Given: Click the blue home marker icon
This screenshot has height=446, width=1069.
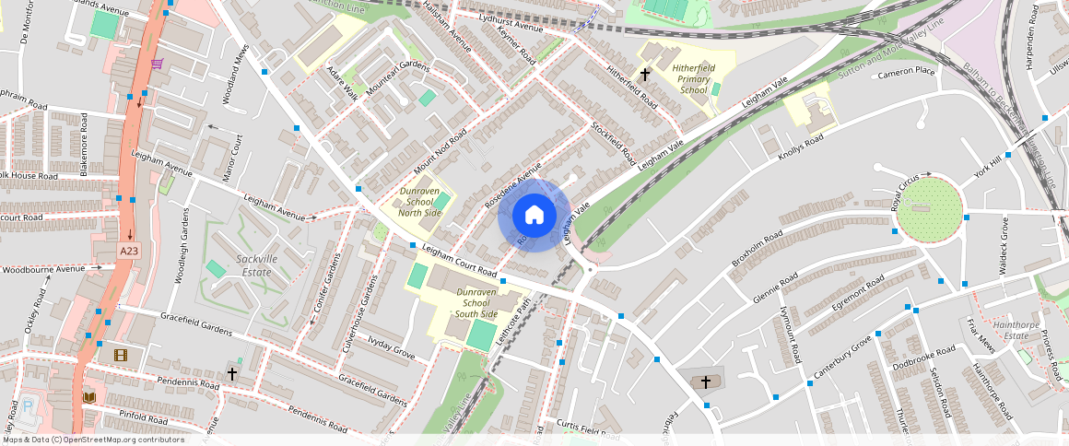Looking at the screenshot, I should pos(534,216).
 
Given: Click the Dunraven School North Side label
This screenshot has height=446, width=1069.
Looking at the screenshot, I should pos(420,201).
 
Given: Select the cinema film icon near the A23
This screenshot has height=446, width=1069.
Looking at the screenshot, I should pos(121,354).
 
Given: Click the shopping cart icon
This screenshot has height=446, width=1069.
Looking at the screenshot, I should pos(158,64).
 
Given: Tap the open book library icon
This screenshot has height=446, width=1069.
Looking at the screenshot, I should pos(89,397).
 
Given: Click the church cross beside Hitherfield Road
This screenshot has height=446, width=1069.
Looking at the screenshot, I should pos(645,73).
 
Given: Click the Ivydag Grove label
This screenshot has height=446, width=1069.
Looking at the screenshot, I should pos(392,346).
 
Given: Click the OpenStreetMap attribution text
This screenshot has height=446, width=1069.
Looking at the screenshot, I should pos(93,440).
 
